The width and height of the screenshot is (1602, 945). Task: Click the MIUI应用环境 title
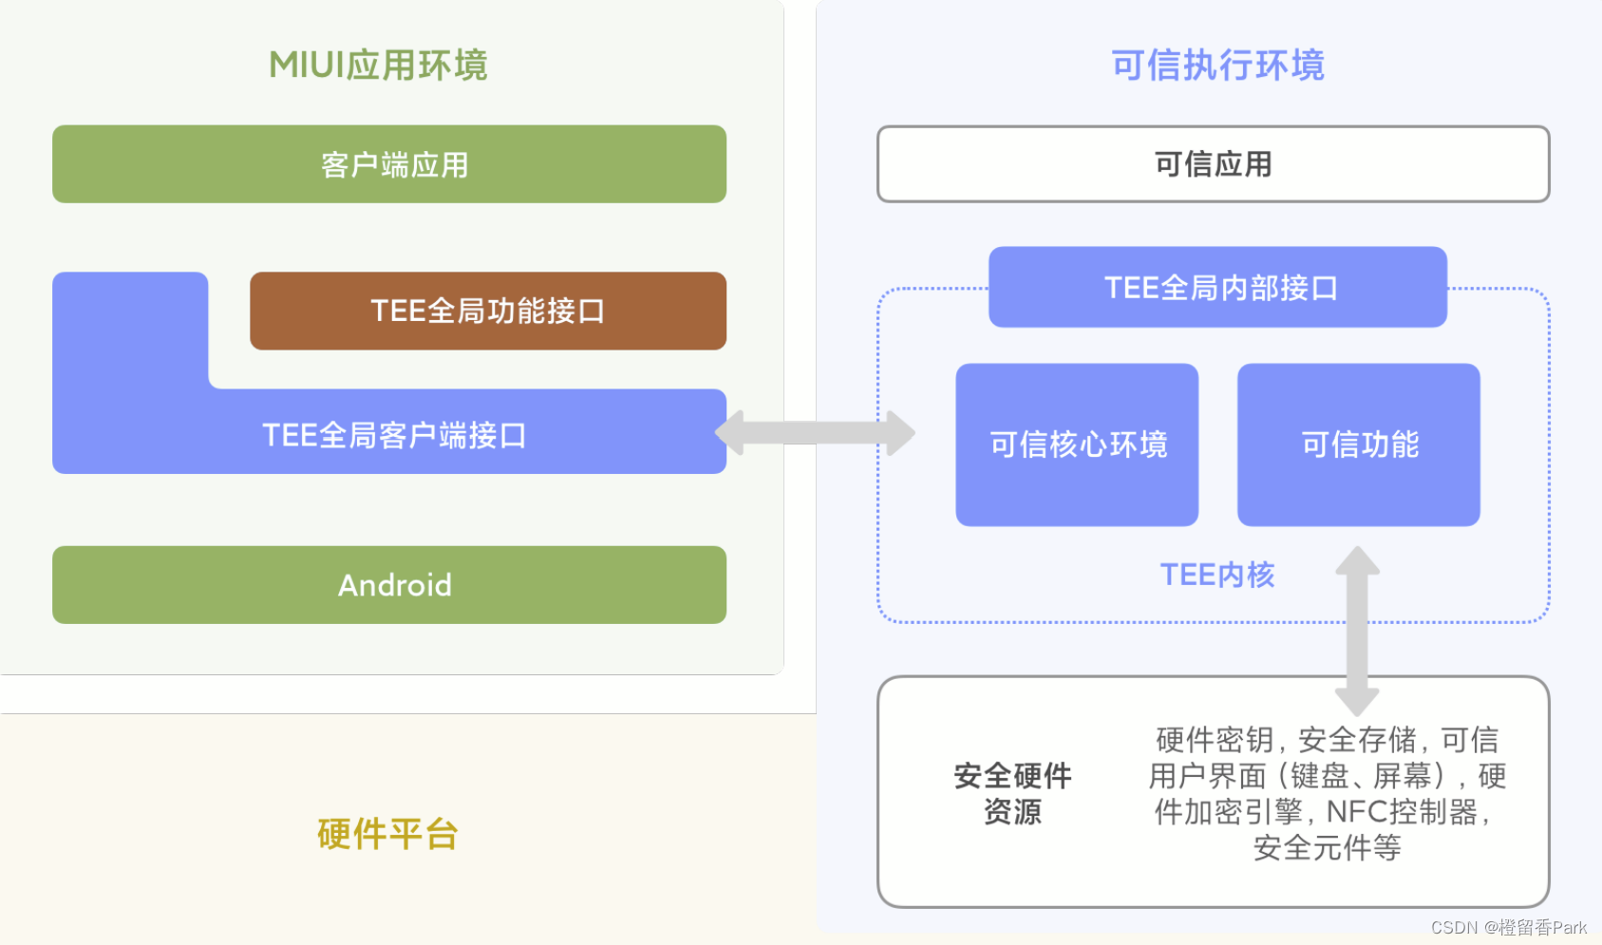(x=378, y=66)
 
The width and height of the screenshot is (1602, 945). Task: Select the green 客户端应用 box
(x=389, y=164)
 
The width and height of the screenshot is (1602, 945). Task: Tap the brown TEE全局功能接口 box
(x=488, y=311)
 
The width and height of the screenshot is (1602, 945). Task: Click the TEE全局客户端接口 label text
(x=394, y=435)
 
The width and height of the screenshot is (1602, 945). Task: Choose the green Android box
(x=389, y=585)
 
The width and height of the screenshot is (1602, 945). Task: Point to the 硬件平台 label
(x=387, y=834)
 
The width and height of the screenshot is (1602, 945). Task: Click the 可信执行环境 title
(x=1217, y=66)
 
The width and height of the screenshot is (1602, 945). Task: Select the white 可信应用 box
(x=1213, y=164)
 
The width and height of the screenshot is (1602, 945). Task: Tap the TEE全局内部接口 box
(x=1217, y=287)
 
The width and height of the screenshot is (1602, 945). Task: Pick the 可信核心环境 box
(x=1077, y=444)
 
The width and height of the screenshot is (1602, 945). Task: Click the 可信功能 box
(x=1358, y=444)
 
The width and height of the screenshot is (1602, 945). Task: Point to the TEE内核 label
(x=1216, y=575)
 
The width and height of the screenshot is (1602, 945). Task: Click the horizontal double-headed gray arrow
(x=815, y=433)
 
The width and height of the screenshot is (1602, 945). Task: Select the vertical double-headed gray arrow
(x=1357, y=632)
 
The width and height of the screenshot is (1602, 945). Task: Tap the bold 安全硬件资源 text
(x=1012, y=793)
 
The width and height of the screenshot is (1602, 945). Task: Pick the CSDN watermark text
(x=1508, y=928)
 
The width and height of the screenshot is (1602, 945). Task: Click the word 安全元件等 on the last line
(x=1327, y=847)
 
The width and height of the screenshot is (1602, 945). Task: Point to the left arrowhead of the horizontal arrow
(x=729, y=433)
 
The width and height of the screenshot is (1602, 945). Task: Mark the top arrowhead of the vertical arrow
(x=1357, y=560)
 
